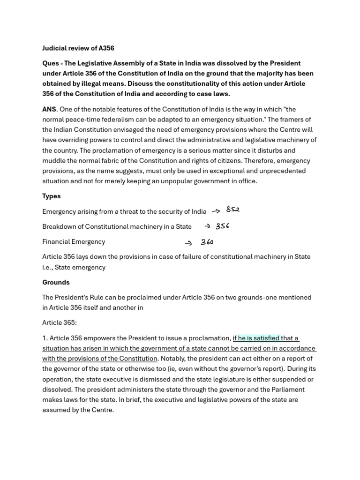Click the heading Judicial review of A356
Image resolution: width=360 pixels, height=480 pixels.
tap(78, 48)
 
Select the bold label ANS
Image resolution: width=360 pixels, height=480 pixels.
tap(49, 109)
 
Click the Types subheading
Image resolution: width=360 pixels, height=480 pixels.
tap(52, 196)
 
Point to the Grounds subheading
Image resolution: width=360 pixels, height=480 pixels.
tap(56, 282)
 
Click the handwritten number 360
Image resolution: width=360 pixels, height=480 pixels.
tap(207, 242)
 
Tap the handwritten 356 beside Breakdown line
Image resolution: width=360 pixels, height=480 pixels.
tap(222, 226)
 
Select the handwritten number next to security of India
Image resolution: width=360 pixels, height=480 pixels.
tap(232, 210)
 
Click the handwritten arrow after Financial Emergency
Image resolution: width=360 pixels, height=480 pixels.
tap(189, 243)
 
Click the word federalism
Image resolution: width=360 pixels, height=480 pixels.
tap(120, 120)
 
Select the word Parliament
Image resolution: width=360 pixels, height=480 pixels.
tap(286, 390)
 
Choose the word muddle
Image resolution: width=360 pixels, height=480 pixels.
tap(53, 161)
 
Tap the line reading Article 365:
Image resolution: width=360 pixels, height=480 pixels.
tap(59, 323)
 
